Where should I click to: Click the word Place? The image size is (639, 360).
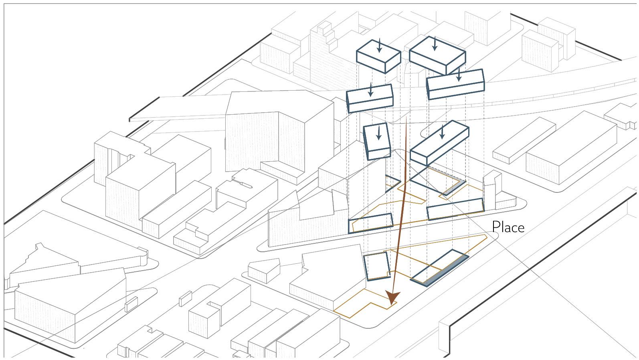508,227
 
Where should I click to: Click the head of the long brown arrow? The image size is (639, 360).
392,299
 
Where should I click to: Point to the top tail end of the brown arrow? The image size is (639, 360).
407,119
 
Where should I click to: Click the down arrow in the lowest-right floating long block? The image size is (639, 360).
442,132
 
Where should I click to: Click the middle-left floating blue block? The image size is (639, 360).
369,98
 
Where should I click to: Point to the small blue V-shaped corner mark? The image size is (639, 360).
393,183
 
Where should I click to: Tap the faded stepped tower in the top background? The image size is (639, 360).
323,52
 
